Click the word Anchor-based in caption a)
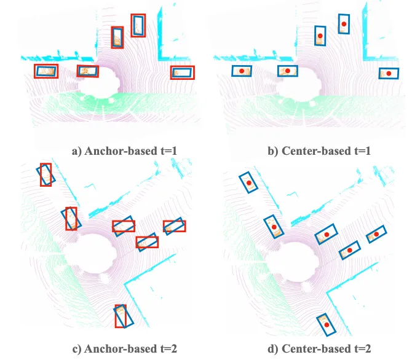point(121,151)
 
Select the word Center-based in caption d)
point(316,349)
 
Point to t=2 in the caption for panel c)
point(168,349)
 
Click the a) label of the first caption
point(77,151)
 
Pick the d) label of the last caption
point(273,349)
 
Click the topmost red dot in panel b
point(344,24)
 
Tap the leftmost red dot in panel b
point(242,71)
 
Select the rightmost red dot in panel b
point(389,74)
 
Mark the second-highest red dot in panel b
point(320,36)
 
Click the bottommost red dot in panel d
point(327,325)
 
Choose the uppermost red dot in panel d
point(249,182)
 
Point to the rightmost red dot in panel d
point(376,234)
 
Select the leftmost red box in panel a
point(34,71)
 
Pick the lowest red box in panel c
point(116,316)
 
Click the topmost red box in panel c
point(41,174)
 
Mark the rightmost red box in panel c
point(175,221)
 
